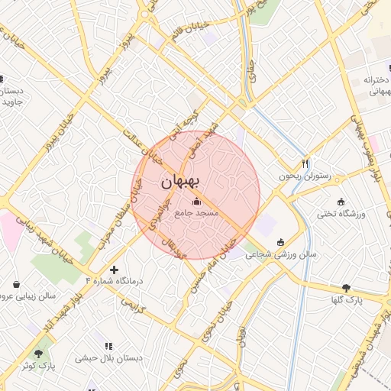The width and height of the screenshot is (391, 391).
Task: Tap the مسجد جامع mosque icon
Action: click(x=198, y=202)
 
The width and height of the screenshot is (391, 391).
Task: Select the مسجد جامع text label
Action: click(x=197, y=213)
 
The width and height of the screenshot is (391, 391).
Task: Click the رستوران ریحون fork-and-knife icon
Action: click(x=305, y=163)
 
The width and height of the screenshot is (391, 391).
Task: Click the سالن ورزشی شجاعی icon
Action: click(x=280, y=242)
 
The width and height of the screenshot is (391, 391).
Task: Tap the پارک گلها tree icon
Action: click(x=347, y=288)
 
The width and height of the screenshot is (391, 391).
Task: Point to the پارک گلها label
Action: click(x=347, y=301)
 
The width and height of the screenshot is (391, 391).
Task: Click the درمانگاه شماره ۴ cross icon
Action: click(x=115, y=270)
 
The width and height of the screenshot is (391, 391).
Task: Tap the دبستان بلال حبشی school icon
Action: click(x=107, y=345)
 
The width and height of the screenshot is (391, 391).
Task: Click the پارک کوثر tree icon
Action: click(x=38, y=354)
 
